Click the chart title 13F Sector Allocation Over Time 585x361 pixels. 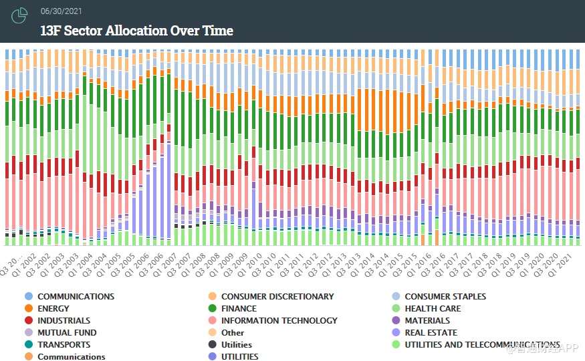click(137, 31)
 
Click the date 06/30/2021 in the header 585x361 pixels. click(61, 11)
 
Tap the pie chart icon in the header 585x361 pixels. click(20, 15)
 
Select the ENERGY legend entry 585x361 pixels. click(53, 309)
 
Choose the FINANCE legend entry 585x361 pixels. click(239, 309)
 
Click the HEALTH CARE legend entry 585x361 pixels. click(433, 309)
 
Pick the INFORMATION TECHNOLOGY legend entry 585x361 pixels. click(279, 321)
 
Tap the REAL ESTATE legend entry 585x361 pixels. click(431, 333)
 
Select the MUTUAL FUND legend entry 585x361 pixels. click(67, 333)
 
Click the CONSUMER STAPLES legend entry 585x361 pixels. click(445, 297)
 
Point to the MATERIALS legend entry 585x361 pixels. click(427, 321)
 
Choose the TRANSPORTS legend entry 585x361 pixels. click(64, 345)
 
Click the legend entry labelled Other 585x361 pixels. click(233, 333)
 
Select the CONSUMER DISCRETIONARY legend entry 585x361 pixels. click(277, 297)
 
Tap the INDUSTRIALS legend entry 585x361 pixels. click(64, 321)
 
